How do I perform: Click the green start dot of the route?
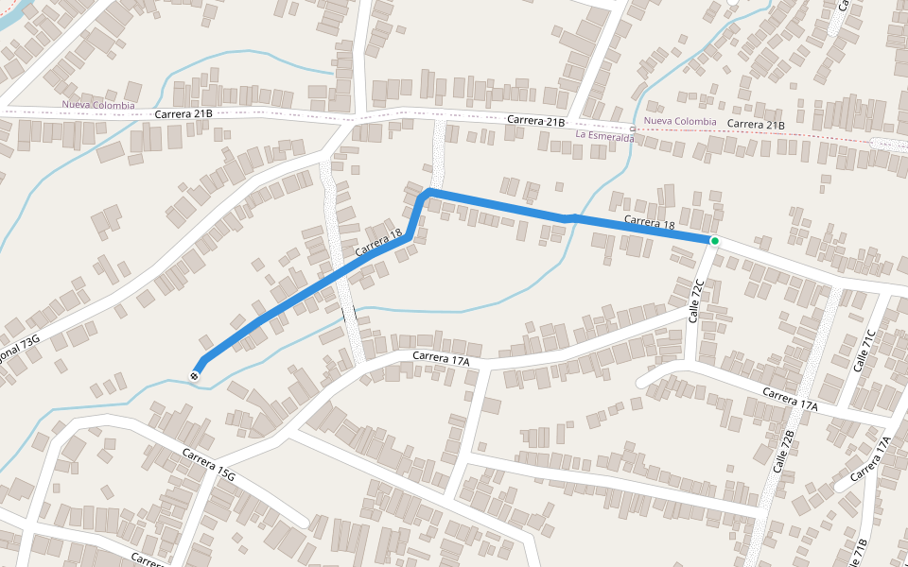coord(714,241)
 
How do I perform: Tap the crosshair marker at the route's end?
coord(195,376)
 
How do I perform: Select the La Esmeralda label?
coord(605,136)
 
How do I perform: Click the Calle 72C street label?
coord(698,301)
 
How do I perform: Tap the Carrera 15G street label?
coord(209,465)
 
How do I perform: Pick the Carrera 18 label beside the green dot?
coord(649,223)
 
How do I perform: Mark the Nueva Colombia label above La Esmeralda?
coord(680,121)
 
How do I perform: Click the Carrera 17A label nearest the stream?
coord(441,356)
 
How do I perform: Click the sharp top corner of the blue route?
coord(428,192)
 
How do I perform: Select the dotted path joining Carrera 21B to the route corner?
coord(438,151)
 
